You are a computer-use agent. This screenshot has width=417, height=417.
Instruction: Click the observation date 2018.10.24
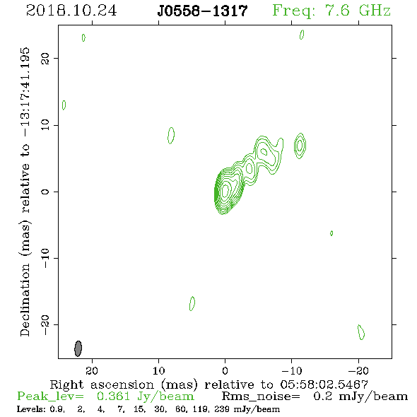[71, 11]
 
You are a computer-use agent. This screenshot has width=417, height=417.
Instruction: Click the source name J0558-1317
[202, 11]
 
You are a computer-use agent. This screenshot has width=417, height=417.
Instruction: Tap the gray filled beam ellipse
[78, 348]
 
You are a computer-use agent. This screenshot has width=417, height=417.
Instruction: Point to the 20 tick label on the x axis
[92, 370]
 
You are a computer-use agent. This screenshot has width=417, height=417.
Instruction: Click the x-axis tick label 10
[158, 370]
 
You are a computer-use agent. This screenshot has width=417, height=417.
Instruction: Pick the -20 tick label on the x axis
[358, 370]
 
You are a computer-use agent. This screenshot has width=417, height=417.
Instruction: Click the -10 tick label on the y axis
[45, 258]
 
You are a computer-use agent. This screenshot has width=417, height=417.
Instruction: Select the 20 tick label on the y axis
[45, 58]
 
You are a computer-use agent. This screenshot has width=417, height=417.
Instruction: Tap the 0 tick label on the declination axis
[45, 192]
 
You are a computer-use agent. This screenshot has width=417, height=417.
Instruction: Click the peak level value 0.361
[113, 397]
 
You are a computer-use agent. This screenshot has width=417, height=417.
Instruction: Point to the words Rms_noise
[261, 397]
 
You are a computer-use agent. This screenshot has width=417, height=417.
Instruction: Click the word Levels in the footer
[30, 409]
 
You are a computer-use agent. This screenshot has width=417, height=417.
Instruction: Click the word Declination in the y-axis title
[25, 300]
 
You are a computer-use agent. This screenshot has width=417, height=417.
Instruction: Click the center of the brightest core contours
[225, 190]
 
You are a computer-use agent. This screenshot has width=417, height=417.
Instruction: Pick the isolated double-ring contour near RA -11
[300, 146]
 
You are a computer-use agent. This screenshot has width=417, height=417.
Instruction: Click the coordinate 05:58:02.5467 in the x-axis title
[324, 384]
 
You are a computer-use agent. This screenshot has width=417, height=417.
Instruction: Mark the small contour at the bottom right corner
[361, 332]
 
